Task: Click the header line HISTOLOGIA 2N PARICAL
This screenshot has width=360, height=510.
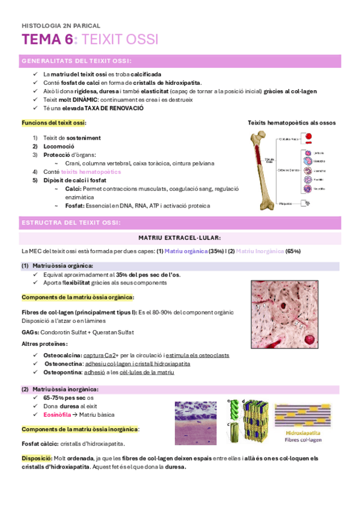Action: (x=60, y=26)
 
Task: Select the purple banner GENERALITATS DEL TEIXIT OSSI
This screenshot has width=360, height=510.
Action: (x=78, y=61)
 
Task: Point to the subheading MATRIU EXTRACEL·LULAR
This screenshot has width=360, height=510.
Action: (x=179, y=238)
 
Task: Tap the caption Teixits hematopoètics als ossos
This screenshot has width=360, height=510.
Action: (x=291, y=123)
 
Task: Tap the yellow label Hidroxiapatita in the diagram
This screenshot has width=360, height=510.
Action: (x=302, y=432)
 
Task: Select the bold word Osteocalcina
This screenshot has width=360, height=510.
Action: (x=63, y=355)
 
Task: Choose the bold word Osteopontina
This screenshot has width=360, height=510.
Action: (x=64, y=372)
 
